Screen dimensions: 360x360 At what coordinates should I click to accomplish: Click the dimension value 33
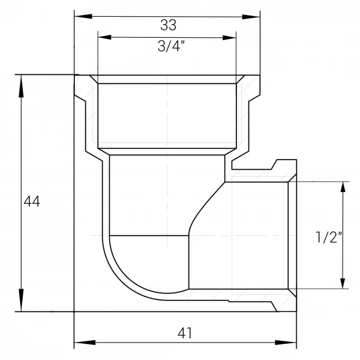[x=168, y=25]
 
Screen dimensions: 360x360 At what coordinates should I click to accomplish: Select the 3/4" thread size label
[x=171, y=46]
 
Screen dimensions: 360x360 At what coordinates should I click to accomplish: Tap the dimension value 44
[x=32, y=202]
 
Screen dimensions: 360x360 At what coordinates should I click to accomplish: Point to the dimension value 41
[x=185, y=333]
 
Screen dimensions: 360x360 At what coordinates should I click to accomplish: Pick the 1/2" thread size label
[x=329, y=237]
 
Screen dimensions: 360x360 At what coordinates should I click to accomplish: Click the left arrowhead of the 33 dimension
[x=83, y=16]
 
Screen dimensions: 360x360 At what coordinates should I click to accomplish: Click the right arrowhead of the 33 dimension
[x=251, y=17]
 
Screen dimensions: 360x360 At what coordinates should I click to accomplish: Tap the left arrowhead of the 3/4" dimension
[x=104, y=37]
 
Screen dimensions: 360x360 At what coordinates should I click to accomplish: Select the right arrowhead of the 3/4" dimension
[x=229, y=38]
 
